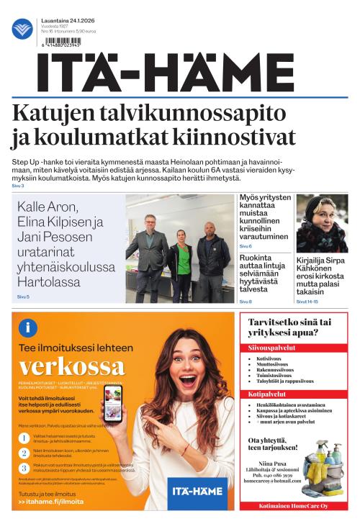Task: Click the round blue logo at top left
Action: pos(22,29)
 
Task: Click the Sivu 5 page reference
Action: pos(23,297)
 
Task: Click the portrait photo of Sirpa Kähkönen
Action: pos(322,222)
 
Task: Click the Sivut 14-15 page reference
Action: pos(307,302)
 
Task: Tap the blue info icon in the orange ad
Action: pos(29,328)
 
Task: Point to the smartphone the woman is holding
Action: pos(114,403)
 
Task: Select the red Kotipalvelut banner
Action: pos(297,394)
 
